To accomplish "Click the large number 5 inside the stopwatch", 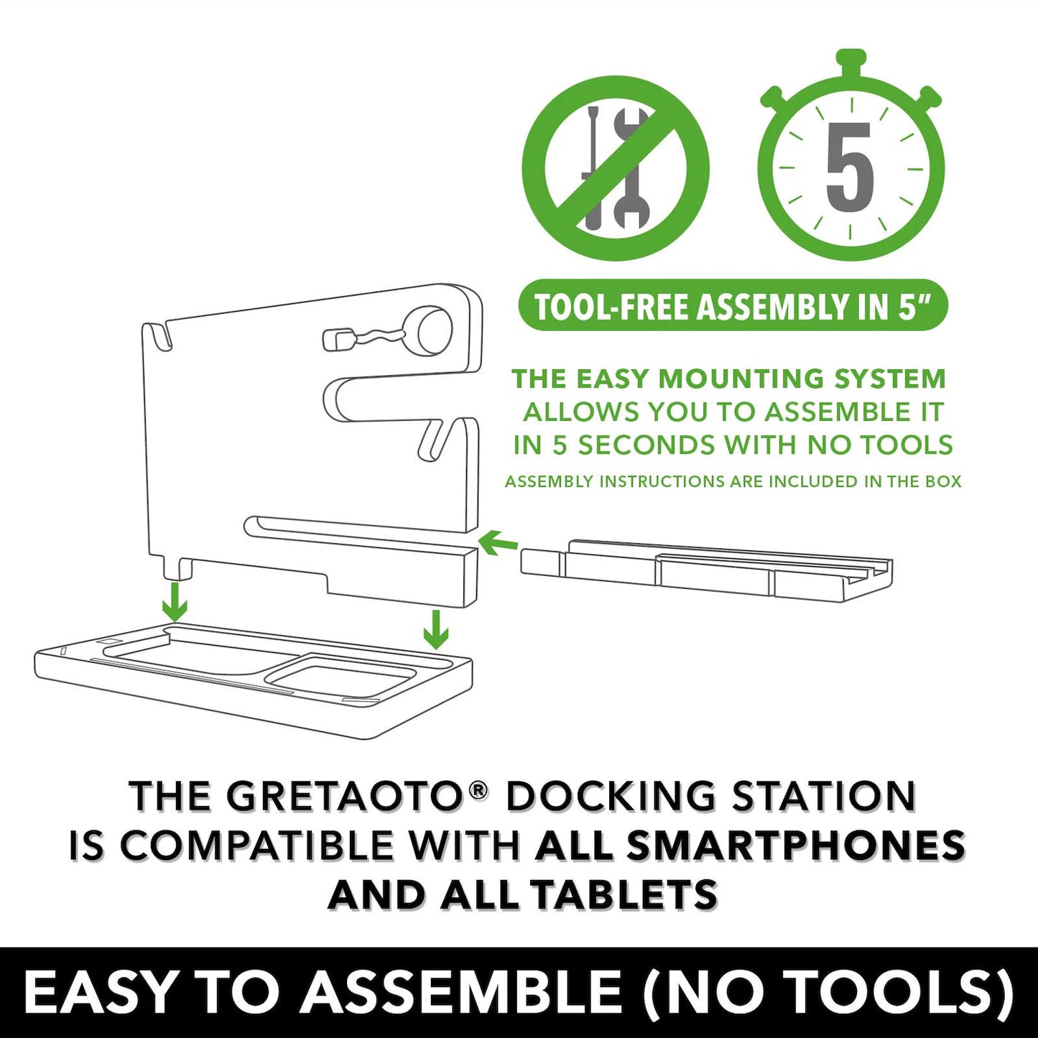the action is [x=849, y=167].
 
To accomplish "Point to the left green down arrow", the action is [x=174, y=601].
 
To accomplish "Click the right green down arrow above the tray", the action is [x=435, y=630].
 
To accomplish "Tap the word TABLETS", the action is [x=626, y=895].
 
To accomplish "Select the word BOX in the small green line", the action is [x=944, y=481].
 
